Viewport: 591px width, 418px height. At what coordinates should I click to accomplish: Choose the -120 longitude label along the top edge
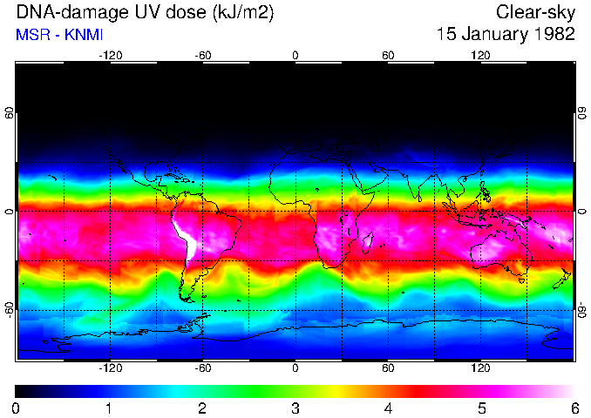coord(110,55)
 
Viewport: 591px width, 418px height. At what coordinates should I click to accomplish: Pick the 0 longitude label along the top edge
coord(295,55)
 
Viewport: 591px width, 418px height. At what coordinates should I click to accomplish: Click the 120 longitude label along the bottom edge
coord(481,368)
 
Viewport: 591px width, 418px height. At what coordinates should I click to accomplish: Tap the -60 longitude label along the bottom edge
coord(203,368)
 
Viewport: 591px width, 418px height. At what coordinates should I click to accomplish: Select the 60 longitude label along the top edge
coord(388,55)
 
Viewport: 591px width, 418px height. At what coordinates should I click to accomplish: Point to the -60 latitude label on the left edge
coord(10,309)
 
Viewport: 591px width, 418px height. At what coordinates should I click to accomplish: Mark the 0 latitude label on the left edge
coord(10,211)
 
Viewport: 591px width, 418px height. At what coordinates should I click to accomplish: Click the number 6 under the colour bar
coord(574,408)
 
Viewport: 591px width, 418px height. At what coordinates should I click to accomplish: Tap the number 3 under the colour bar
coord(295,408)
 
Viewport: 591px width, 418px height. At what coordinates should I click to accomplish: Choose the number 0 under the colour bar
coord(17,408)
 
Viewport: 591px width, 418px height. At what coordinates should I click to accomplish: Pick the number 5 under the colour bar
coord(481,408)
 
